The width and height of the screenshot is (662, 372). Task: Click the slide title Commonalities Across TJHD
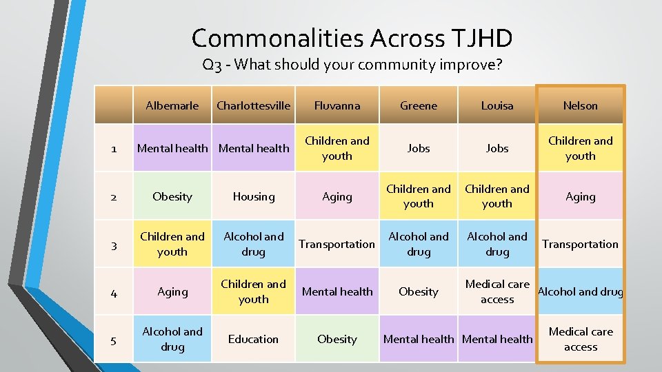352,38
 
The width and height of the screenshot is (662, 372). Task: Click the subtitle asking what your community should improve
352,65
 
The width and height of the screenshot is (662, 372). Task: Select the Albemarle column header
172,105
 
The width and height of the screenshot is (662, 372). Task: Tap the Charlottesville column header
253,105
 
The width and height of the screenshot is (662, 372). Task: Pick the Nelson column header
580,105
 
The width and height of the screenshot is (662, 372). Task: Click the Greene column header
419,105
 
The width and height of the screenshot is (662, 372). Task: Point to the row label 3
114,245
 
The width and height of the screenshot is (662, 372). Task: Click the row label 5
114,340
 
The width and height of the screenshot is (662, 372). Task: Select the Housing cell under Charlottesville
253,196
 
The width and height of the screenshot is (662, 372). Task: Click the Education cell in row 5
253,339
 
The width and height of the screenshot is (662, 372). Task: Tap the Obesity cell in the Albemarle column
172,196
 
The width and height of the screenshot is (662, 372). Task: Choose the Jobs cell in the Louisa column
497,148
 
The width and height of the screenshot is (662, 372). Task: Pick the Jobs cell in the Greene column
419,148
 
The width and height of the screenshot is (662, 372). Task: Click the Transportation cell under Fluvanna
337,244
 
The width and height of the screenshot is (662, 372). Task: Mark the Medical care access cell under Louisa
497,291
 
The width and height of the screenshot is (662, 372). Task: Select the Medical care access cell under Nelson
580,339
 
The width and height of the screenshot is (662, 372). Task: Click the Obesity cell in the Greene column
419,291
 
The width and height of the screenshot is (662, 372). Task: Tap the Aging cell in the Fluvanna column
337,196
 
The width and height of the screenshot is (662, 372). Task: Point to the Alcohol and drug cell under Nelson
580,291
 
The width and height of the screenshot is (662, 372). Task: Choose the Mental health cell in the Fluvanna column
337,291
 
